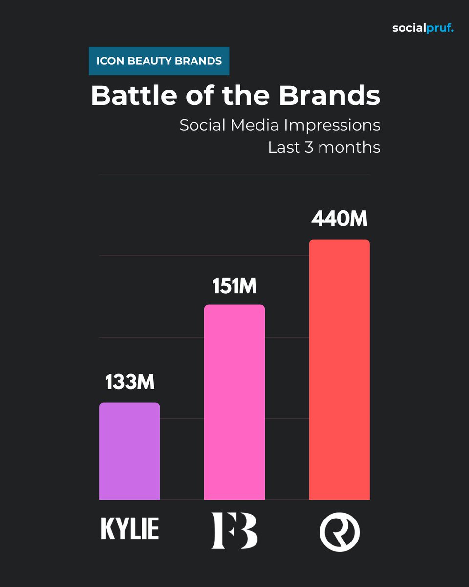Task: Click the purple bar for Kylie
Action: pos(129,451)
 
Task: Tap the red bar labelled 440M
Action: pos(340,369)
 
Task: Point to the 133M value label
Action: pos(129,383)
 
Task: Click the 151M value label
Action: pos(234,286)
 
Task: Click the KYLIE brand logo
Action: pos(130,529)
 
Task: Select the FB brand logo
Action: pos(234,530)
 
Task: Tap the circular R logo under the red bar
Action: pos(340,531)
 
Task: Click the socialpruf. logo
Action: pos(423,28)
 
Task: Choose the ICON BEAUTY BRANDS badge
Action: pos(159,61)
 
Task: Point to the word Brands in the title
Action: pos(329,96)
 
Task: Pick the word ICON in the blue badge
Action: pos(108,61)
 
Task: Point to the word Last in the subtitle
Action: pos(282,147)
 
